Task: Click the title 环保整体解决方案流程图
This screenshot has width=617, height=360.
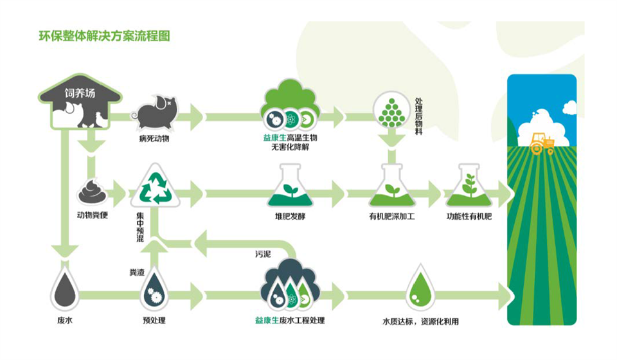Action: pyautogui.click(x=105, y=36)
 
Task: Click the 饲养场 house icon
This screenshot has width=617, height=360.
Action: pyautogui.click(x=79, y=102)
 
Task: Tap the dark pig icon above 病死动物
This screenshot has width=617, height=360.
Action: pyautogui.click(x=155, y=112)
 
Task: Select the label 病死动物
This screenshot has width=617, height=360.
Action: pyautogui.click(x=154, y=138)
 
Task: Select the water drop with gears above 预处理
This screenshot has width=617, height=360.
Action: pyautogui.click(x=154, y=289)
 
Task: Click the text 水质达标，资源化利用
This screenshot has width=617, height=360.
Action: pyautogui.click(x=421, y=321)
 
